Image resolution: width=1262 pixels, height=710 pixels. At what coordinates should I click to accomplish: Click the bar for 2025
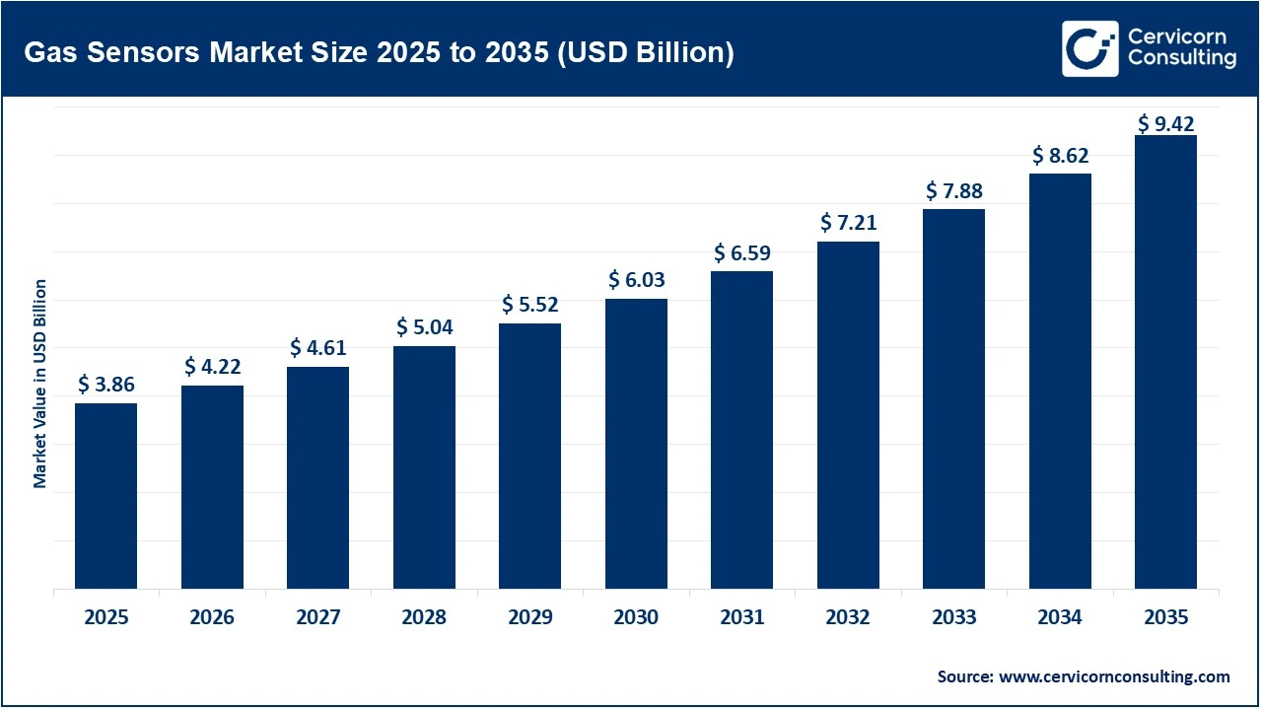pos(105,496)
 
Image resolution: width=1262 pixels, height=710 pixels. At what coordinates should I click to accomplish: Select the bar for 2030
pos(636,444)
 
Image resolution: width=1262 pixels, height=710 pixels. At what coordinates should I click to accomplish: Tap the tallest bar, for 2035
pos(1165,362)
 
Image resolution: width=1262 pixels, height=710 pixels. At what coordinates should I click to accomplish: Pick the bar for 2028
pos(424,467)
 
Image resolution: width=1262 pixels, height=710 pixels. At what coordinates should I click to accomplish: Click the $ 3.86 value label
pos(105,385)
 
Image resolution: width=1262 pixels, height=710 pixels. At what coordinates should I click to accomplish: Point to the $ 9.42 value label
pos(1165,123)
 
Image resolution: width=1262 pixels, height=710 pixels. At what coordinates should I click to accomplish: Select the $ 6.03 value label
pos(636,280)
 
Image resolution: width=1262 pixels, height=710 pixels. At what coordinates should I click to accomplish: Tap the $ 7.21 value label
pos(848,223)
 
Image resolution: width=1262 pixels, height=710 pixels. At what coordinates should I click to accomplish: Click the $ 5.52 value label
pos(529,305)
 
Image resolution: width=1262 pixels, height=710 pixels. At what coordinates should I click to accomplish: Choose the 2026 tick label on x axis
pos(212,618)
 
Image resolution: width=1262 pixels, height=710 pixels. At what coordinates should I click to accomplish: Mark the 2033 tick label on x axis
pos(953,618)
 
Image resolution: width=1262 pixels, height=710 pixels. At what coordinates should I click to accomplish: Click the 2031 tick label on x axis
pos(741,618)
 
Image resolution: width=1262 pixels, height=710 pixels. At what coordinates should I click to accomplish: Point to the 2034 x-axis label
pos(1060,618)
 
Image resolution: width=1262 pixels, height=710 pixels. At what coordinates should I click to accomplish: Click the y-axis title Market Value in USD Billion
pos(40,384)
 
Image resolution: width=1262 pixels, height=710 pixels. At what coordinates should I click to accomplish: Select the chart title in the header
pos(379,52)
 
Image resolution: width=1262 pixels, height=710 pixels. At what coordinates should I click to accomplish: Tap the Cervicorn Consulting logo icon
pos(1089,48)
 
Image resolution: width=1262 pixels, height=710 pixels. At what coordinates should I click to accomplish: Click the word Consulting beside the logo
pos(1181,59)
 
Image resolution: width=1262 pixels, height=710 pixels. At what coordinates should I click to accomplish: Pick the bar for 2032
pos(848,415)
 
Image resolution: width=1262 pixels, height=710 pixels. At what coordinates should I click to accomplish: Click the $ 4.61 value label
pos(317,348)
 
